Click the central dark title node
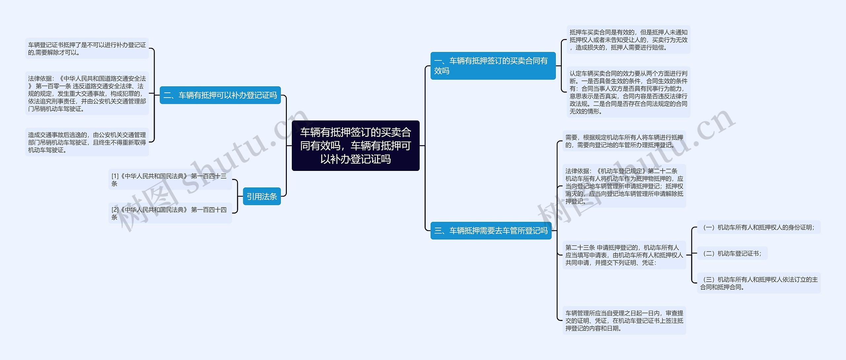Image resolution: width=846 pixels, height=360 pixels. pyautogui.click(x=355, y=145)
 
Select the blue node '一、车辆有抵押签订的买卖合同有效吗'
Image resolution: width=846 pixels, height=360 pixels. pyautogui.click(x=492, y=65)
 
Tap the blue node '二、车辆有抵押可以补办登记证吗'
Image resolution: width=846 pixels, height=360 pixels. pyautogui.click(x=220, y=95)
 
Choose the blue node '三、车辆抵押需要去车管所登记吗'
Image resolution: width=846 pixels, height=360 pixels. pyautogui.click(x=491, y=230)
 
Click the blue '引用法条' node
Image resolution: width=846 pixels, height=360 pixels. pyautogui.click(x=261, y=196)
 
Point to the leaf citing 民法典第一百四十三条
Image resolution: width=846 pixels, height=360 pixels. pyautogui.click(x=170, y=180)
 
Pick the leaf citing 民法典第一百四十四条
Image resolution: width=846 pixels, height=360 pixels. pyautogui.click(x=170, y=213)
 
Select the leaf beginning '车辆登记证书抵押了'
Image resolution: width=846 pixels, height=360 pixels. pyautogui.click(x=87, y=48)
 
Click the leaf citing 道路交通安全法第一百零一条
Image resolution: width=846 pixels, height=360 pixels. pyautogui.click(x=87, y=93)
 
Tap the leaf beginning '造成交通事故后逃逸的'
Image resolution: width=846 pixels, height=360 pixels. pyautogui.click(x=87, y=142)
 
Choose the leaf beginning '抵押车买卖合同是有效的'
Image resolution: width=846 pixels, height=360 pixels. pyautogui.click(x=628, y=40)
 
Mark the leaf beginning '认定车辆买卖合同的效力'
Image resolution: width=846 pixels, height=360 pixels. pyautogui.click(x=628, y=92)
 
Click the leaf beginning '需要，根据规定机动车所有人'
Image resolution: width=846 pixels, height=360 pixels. pyautogui.click(x=624, y=141)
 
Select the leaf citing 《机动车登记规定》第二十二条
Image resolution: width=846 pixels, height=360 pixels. pyautogui.click(x=624, y=186)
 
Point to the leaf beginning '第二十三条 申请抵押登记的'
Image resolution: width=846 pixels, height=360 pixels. pyautogui.click(x=624, y=255)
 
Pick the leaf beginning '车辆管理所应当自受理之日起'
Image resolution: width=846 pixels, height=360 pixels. pyautogui.click(x=624, y=320)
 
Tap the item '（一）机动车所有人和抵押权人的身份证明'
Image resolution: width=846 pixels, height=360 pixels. pyautogui.click(x=758, y=227)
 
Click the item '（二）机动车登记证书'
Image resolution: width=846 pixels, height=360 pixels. pyautogui.click(x=732, y=253)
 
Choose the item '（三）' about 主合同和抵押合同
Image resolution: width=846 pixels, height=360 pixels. pyautogui.click(x=758, y=283)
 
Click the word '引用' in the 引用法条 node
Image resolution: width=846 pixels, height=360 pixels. pyautogui.click(x=254, y=196)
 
